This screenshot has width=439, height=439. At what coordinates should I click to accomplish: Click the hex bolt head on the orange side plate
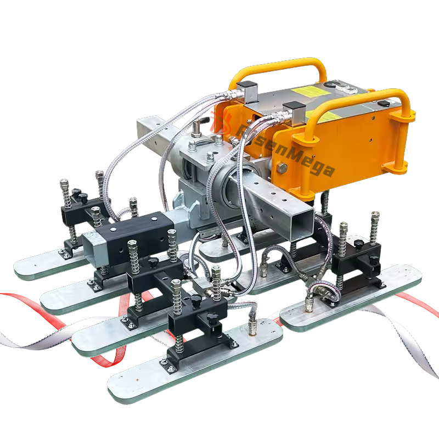click(282, 168)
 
